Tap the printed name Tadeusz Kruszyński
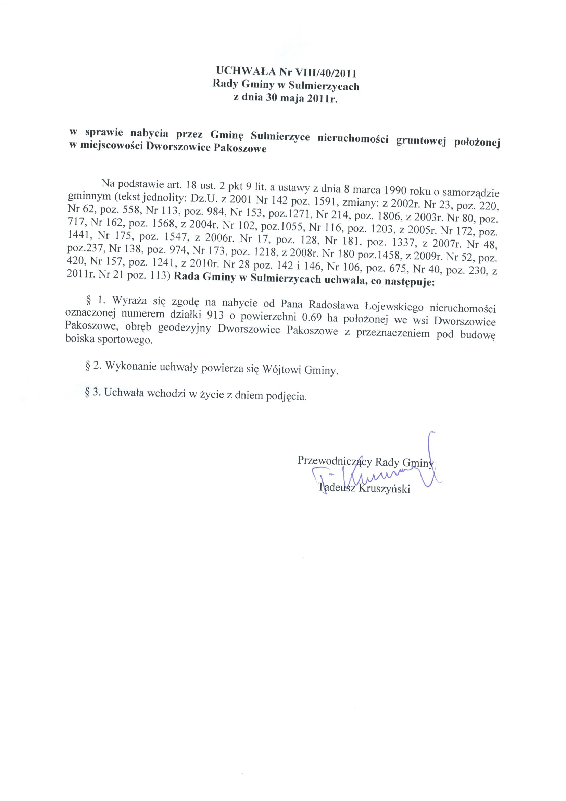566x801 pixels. (x=364, y=488)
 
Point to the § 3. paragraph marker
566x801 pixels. (x=93, y=392)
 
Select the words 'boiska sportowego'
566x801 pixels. (x=109, y=340)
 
